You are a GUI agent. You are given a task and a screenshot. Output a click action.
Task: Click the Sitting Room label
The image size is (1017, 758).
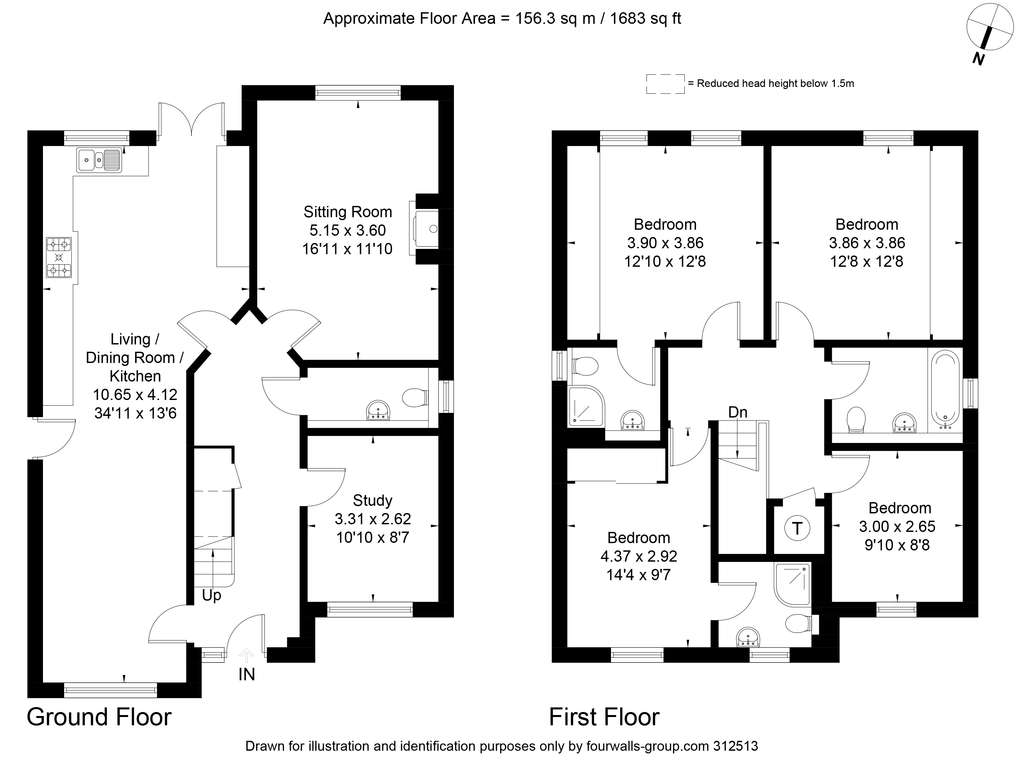tap(347, 212)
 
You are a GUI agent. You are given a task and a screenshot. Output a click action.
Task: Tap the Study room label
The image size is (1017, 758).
tap(372, 500)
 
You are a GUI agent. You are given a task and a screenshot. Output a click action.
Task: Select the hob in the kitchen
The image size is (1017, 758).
tap(59, 258)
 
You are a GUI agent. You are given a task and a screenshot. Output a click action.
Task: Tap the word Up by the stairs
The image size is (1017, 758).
tap(212, 596)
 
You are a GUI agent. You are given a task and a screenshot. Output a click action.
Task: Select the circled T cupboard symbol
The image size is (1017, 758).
tap(797, 529)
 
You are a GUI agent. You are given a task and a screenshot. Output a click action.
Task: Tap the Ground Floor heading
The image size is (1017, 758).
tap(99, 716)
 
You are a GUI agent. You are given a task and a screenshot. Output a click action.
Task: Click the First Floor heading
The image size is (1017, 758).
tap(604, 716)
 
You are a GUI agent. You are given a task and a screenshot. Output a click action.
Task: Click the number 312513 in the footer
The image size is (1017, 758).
tap(736, 746)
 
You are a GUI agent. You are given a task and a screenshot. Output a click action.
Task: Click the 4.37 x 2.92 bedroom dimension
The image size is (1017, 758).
tap(639, 556)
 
